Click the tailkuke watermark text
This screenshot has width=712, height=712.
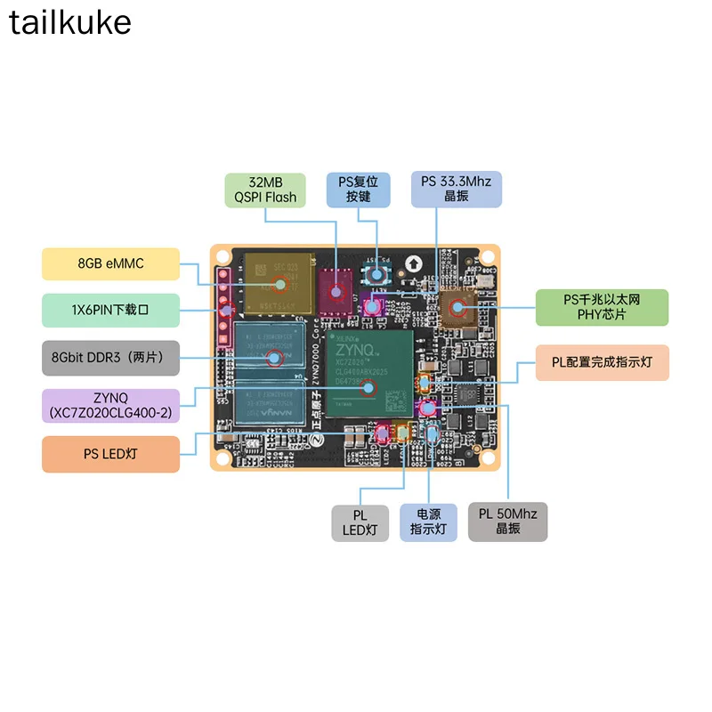(70, 22)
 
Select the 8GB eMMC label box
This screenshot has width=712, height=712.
(110, 264)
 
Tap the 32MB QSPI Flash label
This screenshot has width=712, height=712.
(265, 190)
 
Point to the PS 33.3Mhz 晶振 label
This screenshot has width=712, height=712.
(456, 190)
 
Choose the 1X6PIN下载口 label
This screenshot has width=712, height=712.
(110, 310)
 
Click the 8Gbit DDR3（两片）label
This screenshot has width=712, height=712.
(110, 358)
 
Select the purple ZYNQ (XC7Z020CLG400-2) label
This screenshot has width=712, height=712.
(110, 405)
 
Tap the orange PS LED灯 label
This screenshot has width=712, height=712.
(110, 454)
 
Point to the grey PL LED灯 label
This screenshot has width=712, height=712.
(360, 523)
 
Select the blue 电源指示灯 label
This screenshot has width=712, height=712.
(429, 523)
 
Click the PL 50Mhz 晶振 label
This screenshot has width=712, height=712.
(507, 523)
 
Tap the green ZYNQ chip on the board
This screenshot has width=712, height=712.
(368, 374)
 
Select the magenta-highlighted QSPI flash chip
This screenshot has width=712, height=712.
(336, 290)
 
